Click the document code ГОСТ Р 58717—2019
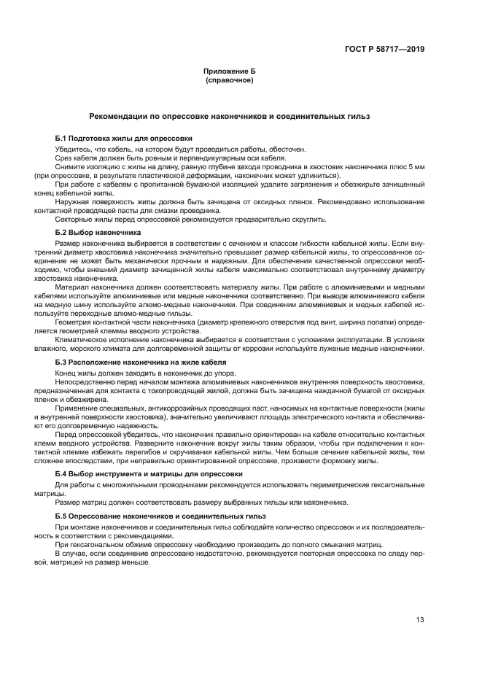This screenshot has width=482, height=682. coord(384,50)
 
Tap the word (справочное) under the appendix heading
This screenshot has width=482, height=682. coord(230,80)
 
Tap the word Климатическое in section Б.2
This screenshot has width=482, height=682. coord(82,340)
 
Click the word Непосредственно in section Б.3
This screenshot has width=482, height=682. coord(86,382)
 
